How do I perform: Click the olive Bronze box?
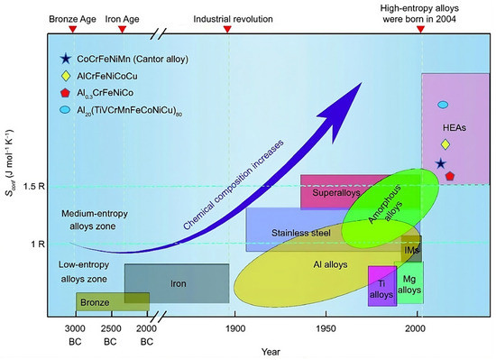point(99,300)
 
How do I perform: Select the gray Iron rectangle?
point(177,283)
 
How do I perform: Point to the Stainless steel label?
point(300,233)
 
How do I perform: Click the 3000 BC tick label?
point(75,335)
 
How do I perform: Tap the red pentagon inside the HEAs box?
point(449,175)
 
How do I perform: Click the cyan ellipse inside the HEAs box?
point(443,105)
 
